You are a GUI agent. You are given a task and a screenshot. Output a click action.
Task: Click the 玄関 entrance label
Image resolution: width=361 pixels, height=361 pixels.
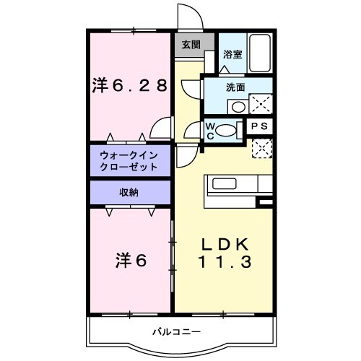(191, 45)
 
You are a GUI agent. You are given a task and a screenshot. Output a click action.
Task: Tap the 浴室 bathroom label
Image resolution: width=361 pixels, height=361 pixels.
(232, 54)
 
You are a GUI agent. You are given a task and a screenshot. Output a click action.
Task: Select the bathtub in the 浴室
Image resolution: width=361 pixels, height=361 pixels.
(259, 53)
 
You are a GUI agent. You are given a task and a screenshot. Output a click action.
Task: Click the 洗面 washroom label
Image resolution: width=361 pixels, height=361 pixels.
(236, 87)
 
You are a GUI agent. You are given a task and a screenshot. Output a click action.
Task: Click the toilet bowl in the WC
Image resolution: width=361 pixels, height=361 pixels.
(228, 131)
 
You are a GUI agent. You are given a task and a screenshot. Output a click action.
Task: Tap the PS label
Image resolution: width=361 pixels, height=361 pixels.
(261, 126)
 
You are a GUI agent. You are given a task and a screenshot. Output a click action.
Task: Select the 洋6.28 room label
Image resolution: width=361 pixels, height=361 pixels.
(130, 86)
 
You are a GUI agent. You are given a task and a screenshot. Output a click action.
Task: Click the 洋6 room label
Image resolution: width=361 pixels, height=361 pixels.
(129, 259)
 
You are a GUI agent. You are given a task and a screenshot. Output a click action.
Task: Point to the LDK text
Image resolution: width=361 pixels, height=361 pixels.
(225, 243)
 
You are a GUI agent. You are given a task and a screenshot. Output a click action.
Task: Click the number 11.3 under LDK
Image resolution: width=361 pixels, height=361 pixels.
(225, 263)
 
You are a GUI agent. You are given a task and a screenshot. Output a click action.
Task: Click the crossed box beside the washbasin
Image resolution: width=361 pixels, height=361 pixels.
(261, 105)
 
